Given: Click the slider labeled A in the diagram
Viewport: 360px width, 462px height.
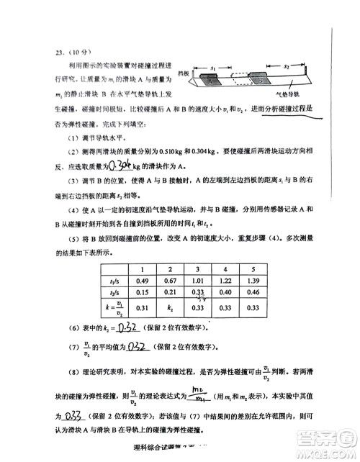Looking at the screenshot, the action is point(209,81).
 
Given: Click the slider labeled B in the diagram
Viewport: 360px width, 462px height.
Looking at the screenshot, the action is point(257,81).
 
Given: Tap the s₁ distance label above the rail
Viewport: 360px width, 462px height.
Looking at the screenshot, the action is point(214,66).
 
